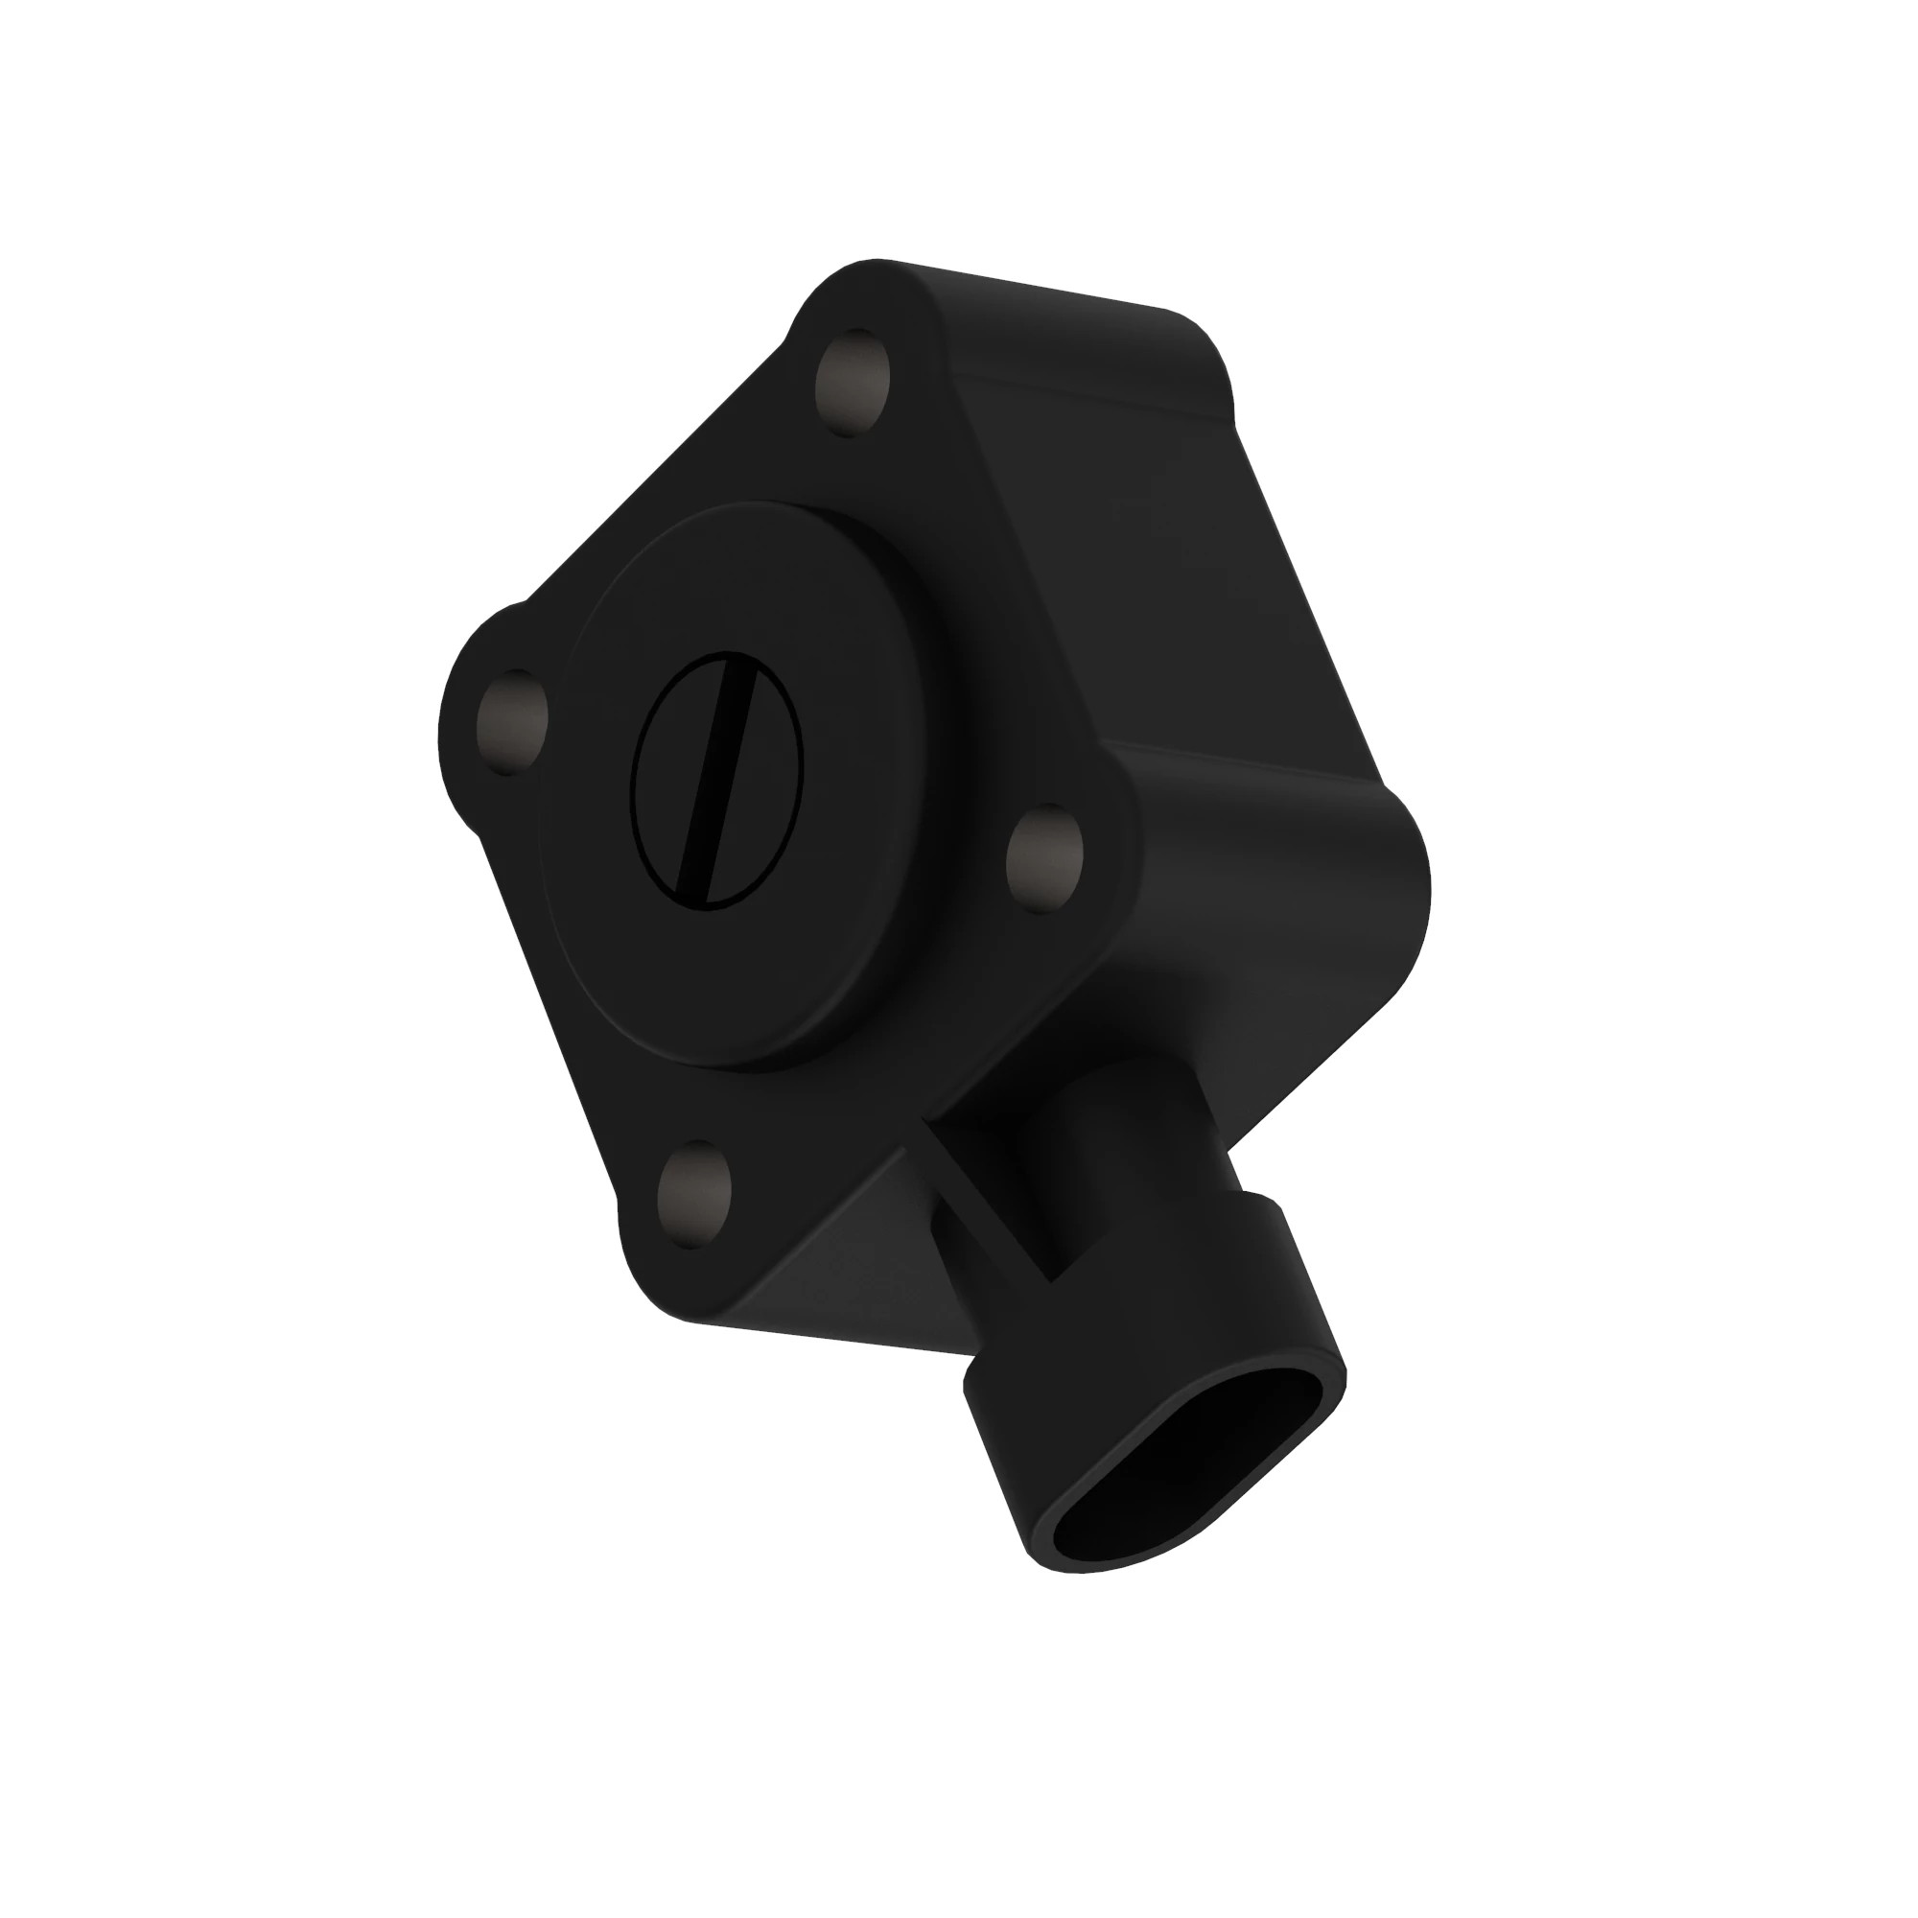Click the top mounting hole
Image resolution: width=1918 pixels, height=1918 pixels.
(x=852, y=385)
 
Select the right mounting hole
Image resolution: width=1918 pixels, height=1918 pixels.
(x=1044, y=862)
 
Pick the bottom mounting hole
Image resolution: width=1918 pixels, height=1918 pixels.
(x=697, y=1194)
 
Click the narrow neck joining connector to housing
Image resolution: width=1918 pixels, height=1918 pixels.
(x=1141, y=1172)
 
